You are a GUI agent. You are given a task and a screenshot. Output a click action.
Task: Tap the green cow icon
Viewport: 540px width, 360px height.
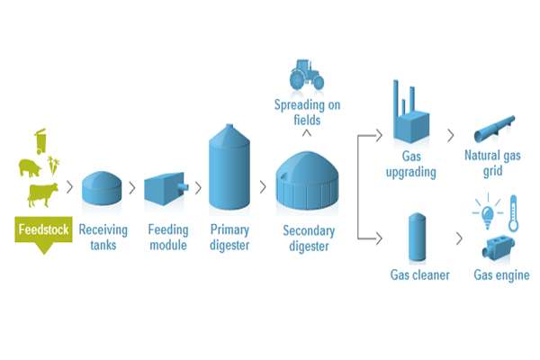(x=41, y=193)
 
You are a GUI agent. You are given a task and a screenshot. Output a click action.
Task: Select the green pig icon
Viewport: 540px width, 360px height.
(x=31, y=166)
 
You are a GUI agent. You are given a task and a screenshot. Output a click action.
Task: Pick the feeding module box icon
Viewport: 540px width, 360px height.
(x=165, y=188)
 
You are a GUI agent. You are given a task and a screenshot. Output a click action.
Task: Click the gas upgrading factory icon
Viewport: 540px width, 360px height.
(x=412, y=117)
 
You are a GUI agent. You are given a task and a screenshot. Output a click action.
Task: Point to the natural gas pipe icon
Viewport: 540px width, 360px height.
(x=493, y=130)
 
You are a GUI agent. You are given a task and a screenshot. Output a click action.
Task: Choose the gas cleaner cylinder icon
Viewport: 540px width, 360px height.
(x=416, y=236)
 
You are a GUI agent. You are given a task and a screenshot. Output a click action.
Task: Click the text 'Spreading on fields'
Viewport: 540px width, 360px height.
(x=307, y=113)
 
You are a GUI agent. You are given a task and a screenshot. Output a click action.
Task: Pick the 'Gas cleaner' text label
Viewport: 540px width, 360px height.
(x=419, y=274)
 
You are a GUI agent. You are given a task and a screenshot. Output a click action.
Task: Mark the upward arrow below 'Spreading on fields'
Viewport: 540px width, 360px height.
(x=307, y=134)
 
